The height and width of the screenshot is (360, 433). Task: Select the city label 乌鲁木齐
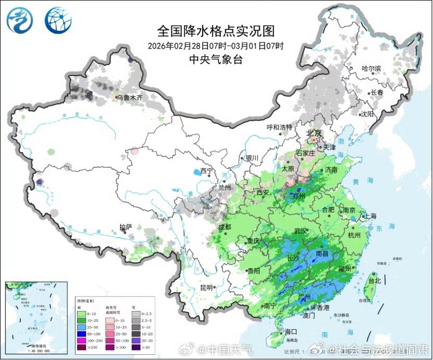coord(129,97)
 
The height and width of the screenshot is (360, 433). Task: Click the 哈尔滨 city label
coord(372,69)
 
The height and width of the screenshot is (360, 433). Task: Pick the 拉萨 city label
coord(126,227)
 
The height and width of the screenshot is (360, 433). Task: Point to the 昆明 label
coord(206,288)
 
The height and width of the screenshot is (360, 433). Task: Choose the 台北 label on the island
coord(375,281)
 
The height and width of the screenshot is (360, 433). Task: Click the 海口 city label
coord(290,332)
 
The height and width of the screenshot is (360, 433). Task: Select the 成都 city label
coord(225,227)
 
